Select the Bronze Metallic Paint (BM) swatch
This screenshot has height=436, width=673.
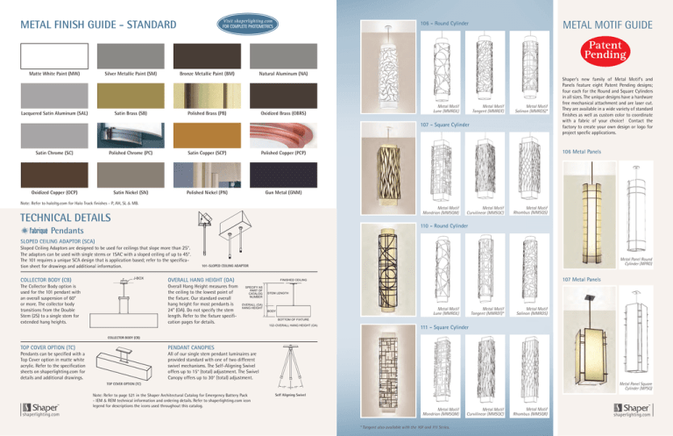pyautogui.click(x=203, y=54)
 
